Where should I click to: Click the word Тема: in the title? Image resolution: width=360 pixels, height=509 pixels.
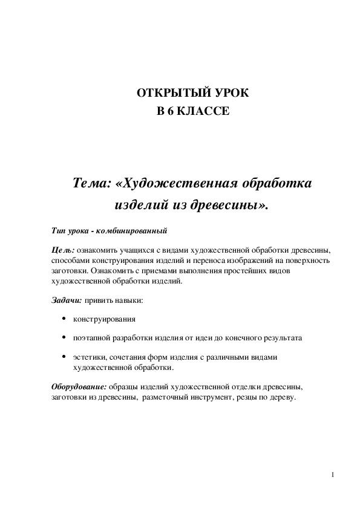click(91, 183)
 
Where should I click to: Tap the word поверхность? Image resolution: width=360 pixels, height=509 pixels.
click(309, 261)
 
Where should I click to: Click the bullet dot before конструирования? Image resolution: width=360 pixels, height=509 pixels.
click(65, 318)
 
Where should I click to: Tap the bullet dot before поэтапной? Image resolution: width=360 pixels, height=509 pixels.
click(65, 337)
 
